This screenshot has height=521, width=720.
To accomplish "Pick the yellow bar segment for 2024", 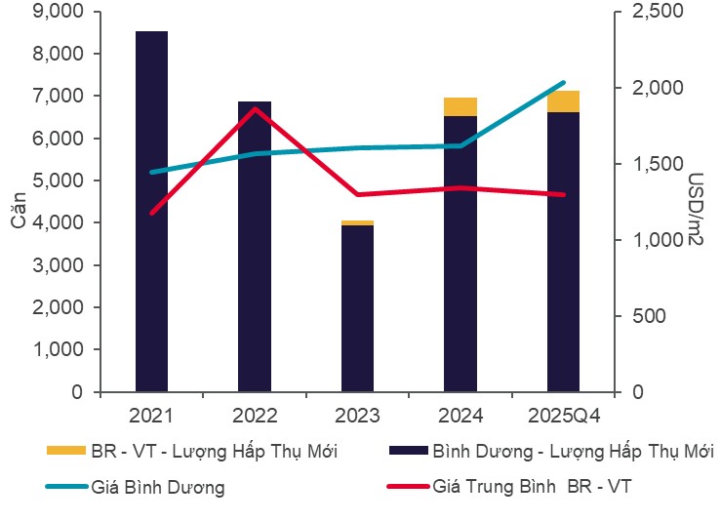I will pos(460,106).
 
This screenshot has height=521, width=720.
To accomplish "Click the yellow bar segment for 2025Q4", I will pos(563,100).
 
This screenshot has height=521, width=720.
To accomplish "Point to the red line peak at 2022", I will pos(255,108).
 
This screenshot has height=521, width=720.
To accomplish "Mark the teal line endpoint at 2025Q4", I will pos(563,83).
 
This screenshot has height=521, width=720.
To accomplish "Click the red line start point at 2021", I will pos(151,213).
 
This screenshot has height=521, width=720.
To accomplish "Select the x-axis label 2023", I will pos(357,416).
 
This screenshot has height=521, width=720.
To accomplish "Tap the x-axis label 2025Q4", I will pos(563,416).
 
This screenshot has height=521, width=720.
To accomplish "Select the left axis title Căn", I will pos(19,208).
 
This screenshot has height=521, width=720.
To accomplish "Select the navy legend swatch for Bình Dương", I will pos(407,451).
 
